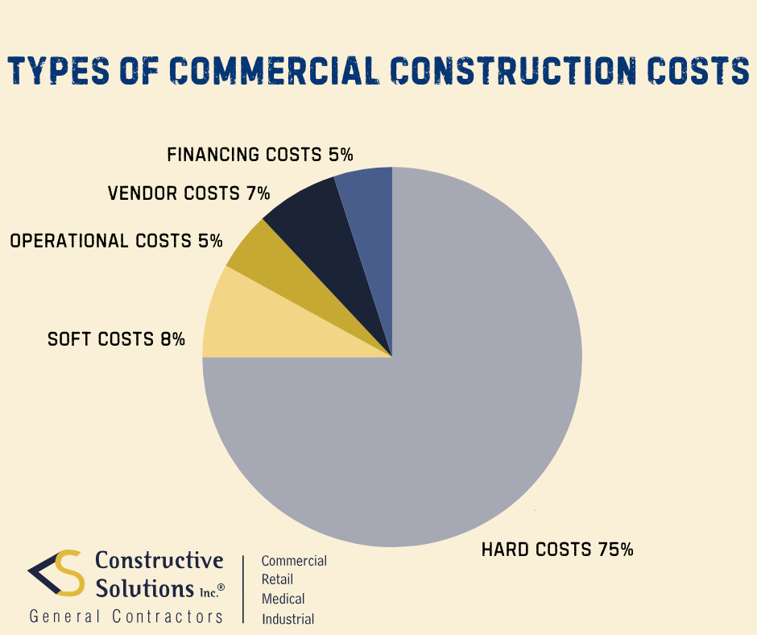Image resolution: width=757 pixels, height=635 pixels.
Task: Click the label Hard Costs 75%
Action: [557, 550]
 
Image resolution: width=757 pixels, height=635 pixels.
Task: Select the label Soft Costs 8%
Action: [117, 339]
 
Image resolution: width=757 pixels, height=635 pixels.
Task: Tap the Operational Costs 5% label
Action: [117, 240]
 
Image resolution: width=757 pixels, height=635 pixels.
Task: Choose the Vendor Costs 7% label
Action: [188, 193]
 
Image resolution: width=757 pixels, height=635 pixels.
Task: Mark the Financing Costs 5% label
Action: [260, 154]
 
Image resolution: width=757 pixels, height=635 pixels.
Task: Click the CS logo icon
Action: [56, 573]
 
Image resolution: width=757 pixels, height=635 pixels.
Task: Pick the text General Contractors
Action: [126, 616]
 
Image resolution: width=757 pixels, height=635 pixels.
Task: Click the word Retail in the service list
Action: [278, 579]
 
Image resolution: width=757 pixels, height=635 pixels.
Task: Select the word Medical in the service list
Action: [283, 599]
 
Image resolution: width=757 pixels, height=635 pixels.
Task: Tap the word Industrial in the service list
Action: [287, 619]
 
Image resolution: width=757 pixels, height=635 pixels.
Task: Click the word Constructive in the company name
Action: [159, 560]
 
